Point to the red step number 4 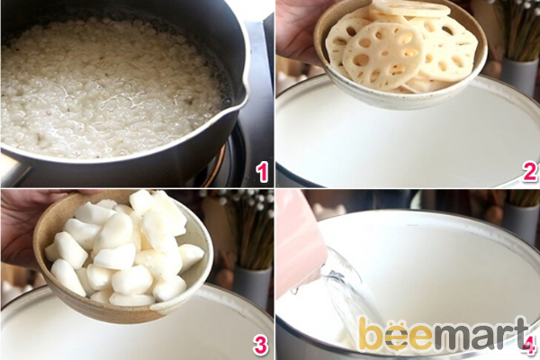pos(529,344)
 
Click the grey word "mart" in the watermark pos(481,335)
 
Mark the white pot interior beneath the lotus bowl pos(396,144)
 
